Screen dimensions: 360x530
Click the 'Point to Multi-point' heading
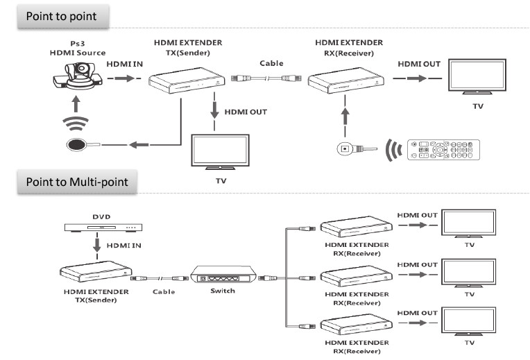click(x=78, y=182)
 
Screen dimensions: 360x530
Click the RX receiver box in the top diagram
click(x=346, y=80)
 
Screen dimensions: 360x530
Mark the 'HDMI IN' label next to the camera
click(x=125, y=63)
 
